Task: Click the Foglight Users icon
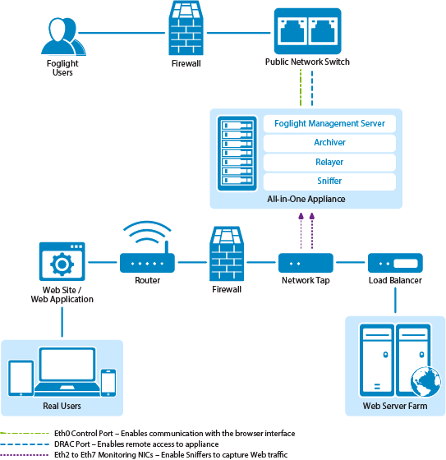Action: (63, 36)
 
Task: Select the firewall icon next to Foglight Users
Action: (186, 28)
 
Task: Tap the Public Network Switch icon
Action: (307, 31)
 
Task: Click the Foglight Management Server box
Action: (329, 123)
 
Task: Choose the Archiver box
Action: (329, 143)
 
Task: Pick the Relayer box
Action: (329, 162)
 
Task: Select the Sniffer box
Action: (329, 182)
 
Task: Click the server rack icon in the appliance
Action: (237, 154)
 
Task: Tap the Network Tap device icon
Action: (306, 263)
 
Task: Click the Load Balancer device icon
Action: (395, 263)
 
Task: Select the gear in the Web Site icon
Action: (62, 264)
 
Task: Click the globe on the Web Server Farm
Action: (425, 381)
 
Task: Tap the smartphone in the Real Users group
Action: (108, 383)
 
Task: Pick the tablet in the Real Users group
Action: (21, 378)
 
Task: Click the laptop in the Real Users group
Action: (67, 372)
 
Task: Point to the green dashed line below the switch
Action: (301, 87)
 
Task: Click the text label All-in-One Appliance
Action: (306, 199)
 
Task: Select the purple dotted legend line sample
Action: (25, 455)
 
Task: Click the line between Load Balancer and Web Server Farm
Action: (395, 300)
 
